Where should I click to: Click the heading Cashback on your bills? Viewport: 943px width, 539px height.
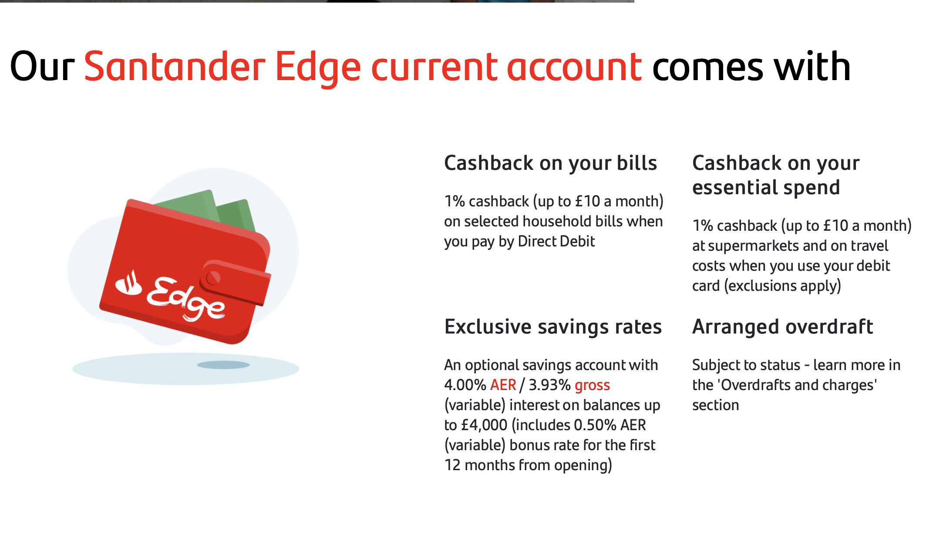point(550,164)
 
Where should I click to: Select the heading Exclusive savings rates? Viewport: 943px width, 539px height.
point(553,327)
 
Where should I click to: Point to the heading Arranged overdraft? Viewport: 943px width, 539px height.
point(782,327)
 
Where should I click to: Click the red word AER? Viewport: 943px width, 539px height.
point(503,385)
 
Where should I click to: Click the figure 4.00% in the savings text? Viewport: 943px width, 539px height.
point(465,385)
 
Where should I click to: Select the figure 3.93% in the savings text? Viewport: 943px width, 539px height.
point(549,385)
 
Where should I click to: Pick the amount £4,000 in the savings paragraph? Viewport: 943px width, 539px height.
point(484,425)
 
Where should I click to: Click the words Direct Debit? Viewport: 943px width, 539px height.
point(556,241)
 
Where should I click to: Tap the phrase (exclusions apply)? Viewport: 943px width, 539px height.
point(782,286)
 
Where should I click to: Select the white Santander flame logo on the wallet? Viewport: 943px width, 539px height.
point(128,283)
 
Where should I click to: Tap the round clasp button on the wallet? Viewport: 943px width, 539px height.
point(213,278)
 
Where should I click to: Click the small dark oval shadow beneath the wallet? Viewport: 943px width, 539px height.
point(223,365)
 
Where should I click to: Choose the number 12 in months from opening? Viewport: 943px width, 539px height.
point(452,465)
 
